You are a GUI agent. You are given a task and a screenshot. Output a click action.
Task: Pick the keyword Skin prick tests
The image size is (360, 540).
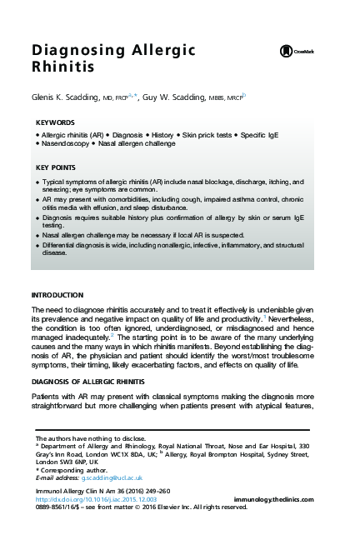pos(208,134)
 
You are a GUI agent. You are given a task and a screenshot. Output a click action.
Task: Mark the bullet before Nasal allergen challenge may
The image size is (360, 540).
pos(37,237)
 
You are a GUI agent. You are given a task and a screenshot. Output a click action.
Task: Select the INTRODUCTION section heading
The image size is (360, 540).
pos(57,296)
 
